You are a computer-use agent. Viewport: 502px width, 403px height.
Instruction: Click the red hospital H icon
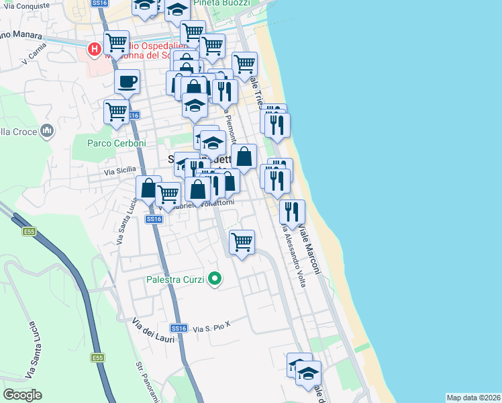point(95,48)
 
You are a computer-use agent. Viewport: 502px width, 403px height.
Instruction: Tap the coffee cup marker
point(127,83)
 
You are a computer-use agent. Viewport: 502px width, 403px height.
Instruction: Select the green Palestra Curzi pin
point(215,277)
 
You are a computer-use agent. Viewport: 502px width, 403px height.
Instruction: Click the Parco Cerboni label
point(117,143)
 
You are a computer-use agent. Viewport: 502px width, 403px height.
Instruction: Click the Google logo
point(22,395)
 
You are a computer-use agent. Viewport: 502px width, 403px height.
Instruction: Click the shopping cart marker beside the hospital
point(117,44)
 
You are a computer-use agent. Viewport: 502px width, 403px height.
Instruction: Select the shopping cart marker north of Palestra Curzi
point(242,241)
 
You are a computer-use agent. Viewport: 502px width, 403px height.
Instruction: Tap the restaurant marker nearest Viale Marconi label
point(291,212)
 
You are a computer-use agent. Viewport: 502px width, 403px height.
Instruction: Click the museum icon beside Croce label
point(47,130)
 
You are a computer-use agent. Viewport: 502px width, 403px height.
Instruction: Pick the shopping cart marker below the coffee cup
point(116,111)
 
